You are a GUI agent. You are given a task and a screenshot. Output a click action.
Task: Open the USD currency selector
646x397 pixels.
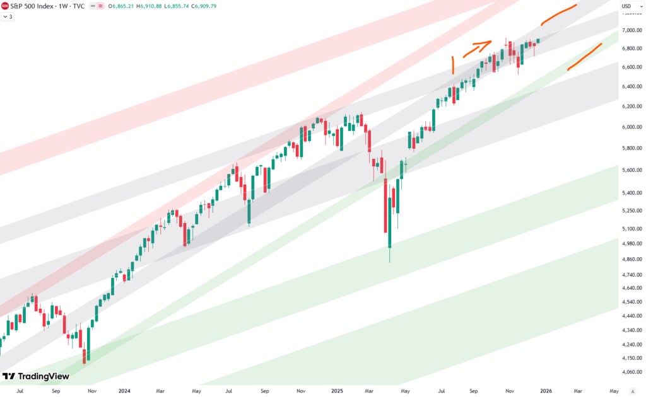626,6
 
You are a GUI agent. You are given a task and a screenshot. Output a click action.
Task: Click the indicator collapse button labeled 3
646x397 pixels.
8,16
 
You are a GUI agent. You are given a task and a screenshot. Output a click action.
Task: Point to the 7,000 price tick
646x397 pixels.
631,30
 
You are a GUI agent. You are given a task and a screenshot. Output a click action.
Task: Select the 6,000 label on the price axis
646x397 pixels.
631,127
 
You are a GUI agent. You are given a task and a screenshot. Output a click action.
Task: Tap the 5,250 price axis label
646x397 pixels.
631,210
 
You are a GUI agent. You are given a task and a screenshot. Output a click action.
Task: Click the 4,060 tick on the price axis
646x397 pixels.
631,372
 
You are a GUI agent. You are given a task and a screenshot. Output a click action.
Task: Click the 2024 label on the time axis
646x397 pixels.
124,391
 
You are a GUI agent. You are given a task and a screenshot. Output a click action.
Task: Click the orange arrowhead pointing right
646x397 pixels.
487,43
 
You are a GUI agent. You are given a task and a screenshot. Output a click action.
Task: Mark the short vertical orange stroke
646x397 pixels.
452,65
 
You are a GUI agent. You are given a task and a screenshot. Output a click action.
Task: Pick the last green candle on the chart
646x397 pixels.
538,41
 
